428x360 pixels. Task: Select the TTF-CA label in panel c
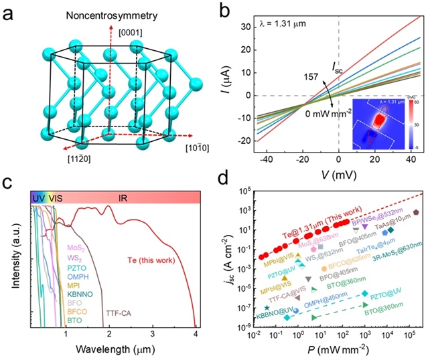point(118,312)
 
